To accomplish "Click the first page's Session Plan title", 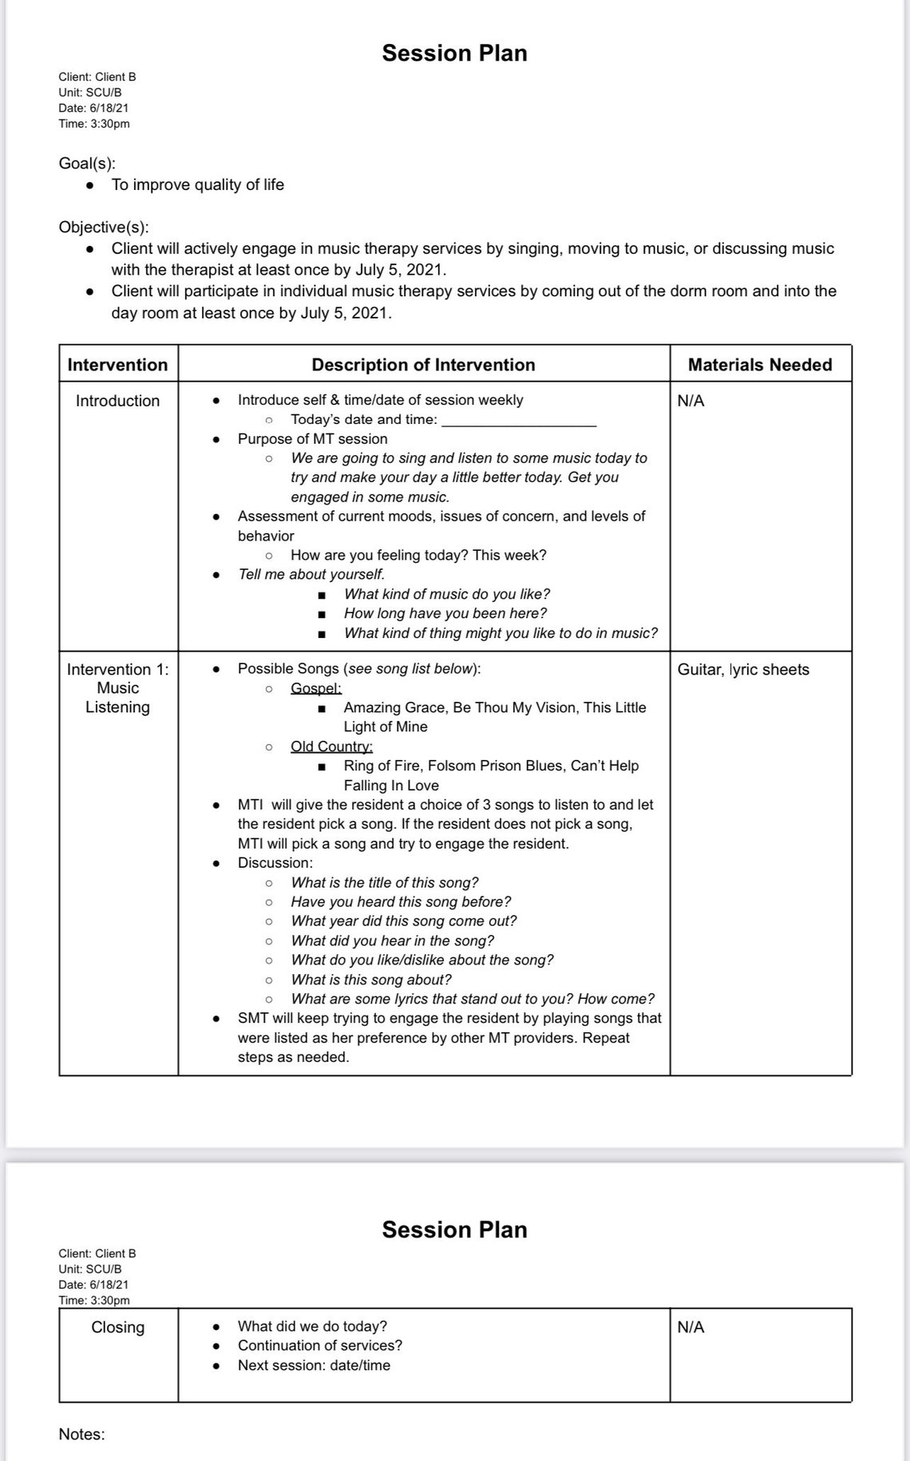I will (454, 53).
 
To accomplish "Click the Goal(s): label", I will (87, 164).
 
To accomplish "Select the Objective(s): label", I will (104, 227).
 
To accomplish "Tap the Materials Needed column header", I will (759, 365).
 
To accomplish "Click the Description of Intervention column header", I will (423, 365).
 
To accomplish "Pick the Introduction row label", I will (117, 401).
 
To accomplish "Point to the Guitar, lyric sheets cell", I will (743, 670).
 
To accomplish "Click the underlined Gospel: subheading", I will (316, 688).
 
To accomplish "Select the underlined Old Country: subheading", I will (331, 746).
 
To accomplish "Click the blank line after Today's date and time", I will (519, 421).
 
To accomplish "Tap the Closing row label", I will (117, 1328).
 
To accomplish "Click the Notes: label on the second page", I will (81, 1435).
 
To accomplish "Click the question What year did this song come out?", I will (404, 921).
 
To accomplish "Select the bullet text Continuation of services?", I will (319, 1346).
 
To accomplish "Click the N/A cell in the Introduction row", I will (690, 401).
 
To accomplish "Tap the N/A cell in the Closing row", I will (690, 1328).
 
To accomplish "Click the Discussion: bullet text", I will (275, 863).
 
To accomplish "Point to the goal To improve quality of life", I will (197, 185).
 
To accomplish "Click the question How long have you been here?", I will (445, 614).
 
